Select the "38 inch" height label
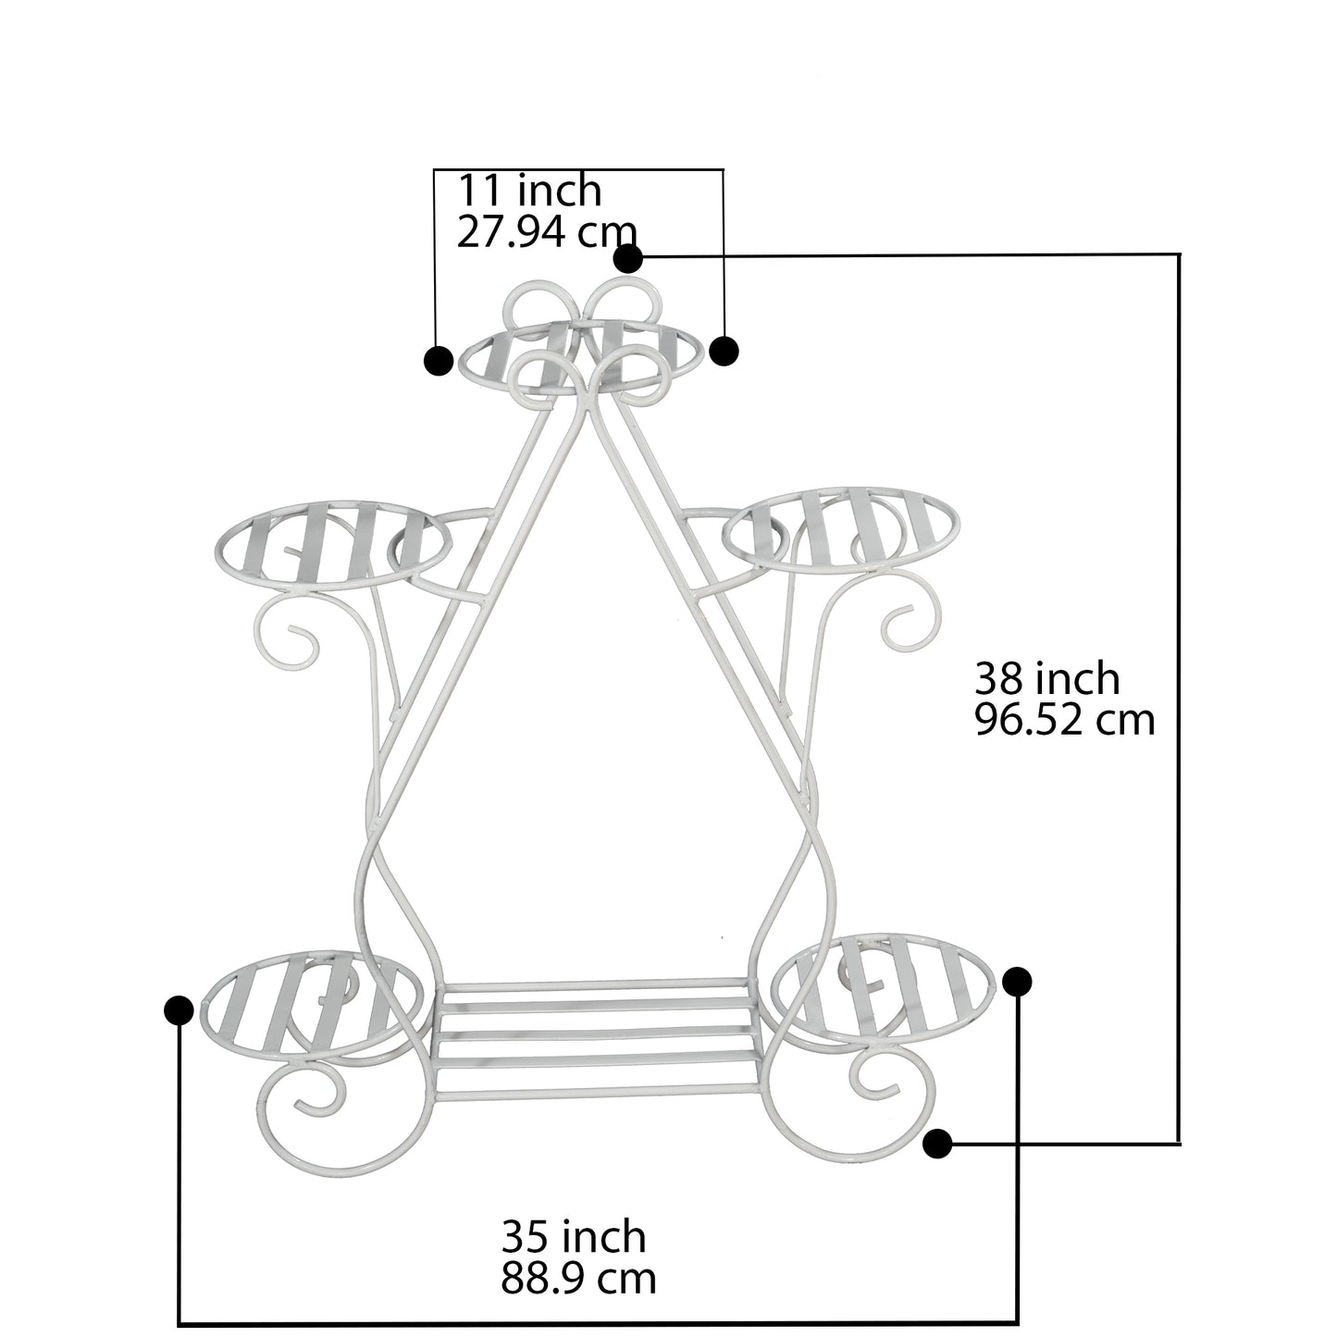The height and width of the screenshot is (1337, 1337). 1047,678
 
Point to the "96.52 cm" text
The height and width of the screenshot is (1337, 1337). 1064,720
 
